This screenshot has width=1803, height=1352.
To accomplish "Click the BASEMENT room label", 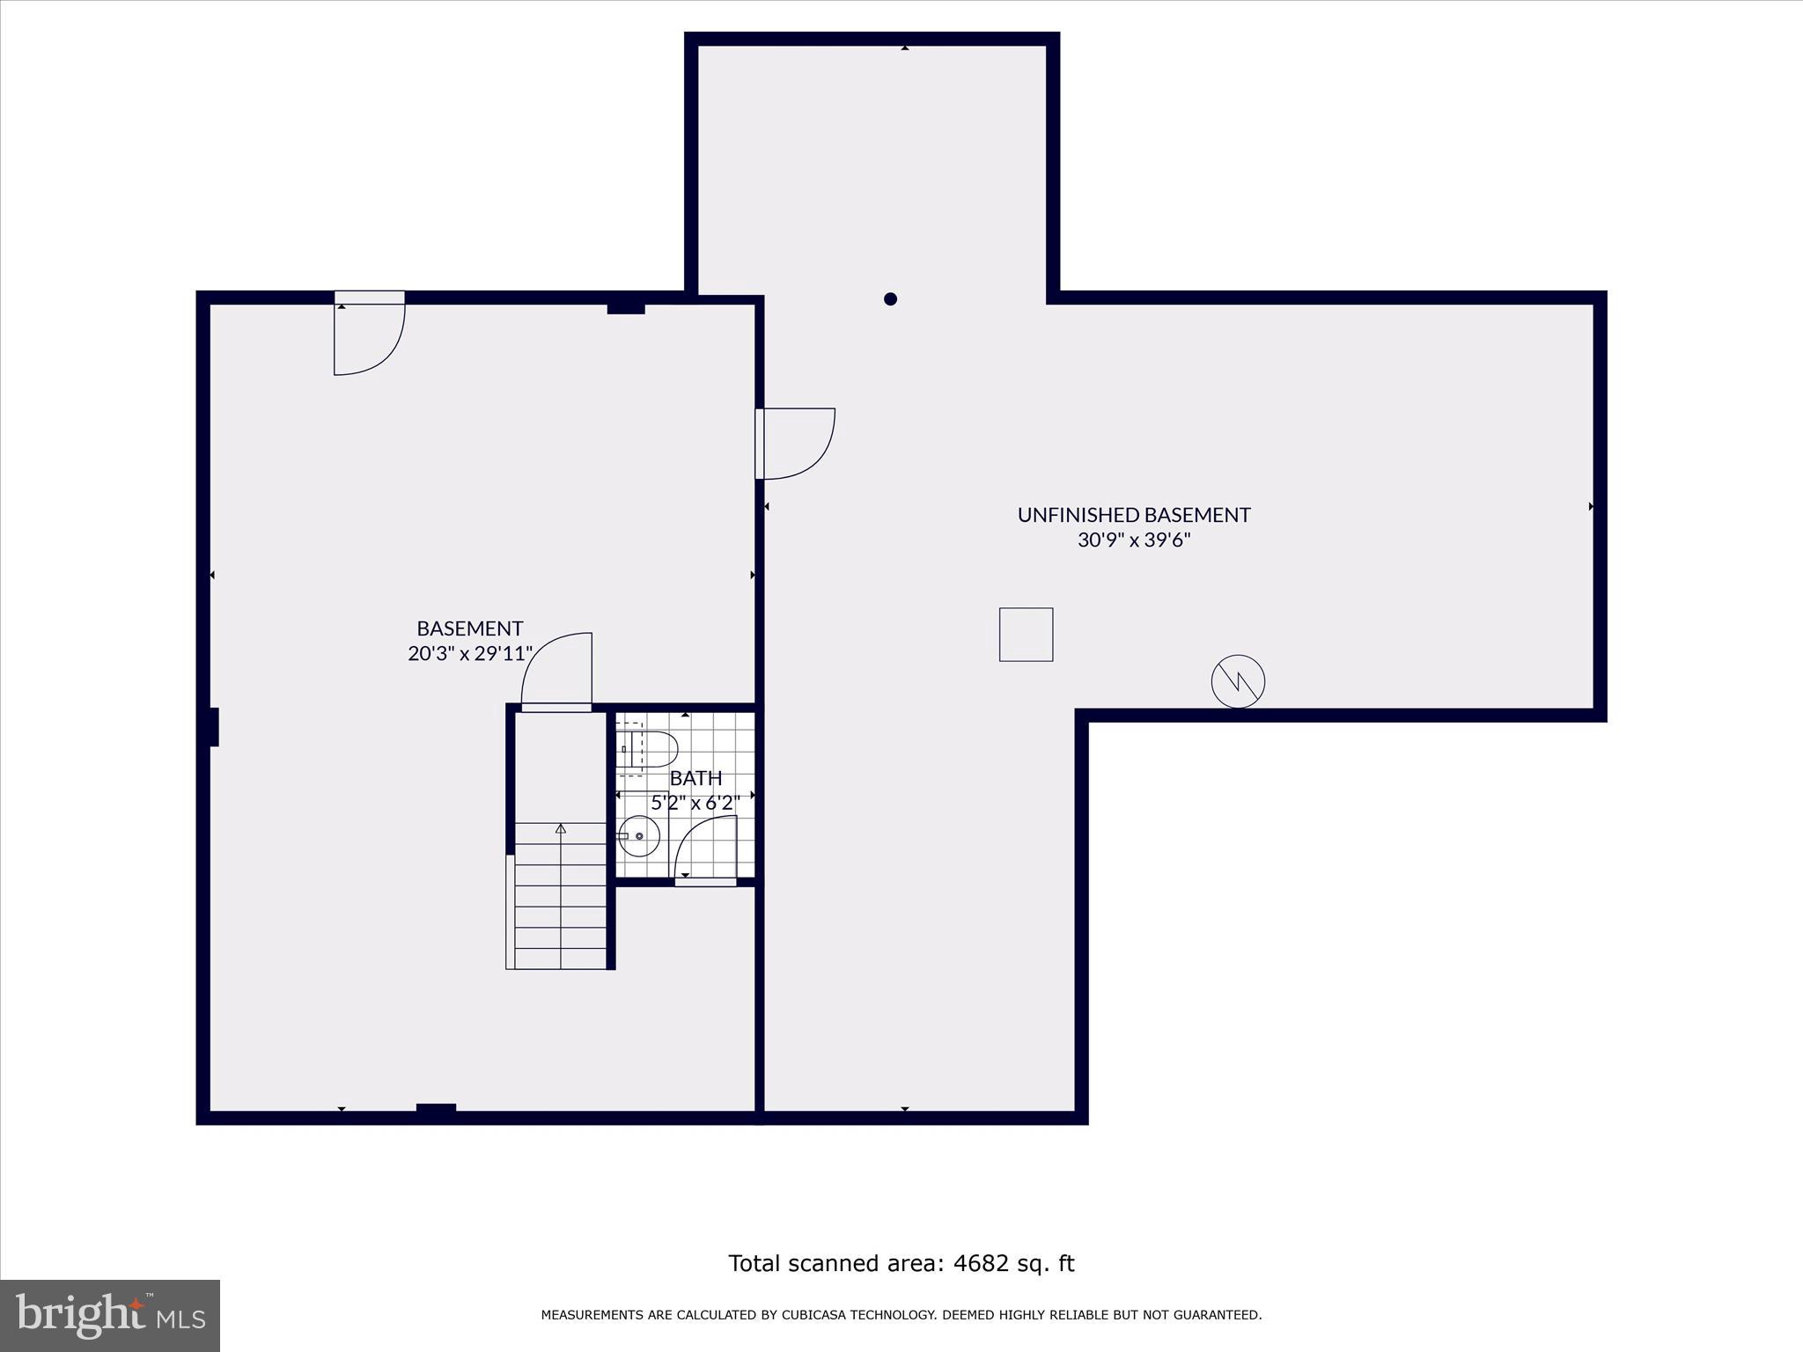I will tap(469, 628).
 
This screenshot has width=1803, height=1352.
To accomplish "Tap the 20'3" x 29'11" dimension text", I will tap(470, 654).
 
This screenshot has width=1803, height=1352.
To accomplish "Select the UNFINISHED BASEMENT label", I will tap(1133, 515).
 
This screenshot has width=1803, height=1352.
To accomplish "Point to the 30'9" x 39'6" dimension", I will tap(1133, 540).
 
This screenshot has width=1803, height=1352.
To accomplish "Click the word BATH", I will tap(695, 778).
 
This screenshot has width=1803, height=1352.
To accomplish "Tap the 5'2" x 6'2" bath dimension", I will tap(695, 803).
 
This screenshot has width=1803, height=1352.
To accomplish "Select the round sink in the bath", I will tap(639, 835).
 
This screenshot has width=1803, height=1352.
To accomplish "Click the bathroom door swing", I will tap(704, 848).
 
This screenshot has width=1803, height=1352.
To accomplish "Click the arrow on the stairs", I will tap(561, 828).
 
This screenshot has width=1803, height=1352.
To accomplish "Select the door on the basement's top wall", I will tap(368, 334).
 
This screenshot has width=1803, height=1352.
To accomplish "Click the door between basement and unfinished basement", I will tap(794, 444).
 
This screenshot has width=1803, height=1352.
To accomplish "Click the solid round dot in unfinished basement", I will tap(890, 299).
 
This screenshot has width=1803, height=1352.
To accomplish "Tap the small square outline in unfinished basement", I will tap(1026, 635).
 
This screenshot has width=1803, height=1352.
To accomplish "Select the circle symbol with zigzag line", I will tap(1238, 681).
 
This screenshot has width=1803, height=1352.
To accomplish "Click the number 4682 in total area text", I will tap(980, 1263).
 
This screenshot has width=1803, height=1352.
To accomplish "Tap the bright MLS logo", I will tap(110, 1315).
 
